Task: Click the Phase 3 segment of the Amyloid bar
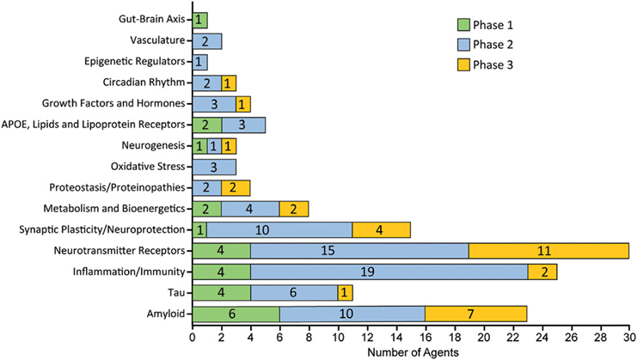475,313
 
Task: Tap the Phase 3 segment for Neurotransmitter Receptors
548,251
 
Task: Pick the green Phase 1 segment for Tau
221,292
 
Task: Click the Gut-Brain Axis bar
199,19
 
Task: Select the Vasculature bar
206,40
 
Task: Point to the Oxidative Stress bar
214,166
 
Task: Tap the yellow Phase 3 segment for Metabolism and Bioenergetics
294,209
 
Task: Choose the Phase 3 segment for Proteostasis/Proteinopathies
236,187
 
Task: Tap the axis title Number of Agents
410,352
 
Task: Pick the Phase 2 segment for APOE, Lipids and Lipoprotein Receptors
242,125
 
